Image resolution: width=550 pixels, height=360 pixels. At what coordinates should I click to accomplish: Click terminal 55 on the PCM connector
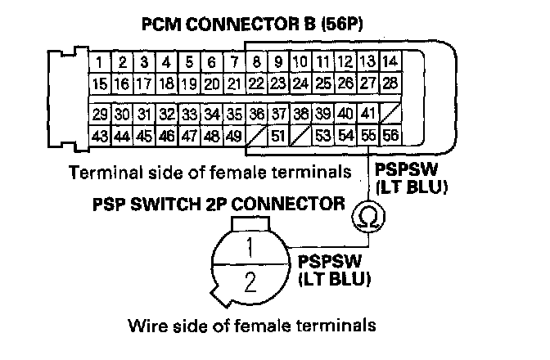click(x=367, y=135)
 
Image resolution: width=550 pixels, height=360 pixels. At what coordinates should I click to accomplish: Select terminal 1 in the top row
click(x=99, y=62)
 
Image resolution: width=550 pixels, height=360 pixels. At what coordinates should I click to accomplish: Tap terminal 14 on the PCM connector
click(x=390, y=62)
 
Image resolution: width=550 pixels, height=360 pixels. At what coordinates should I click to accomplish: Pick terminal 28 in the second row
click(x=390, y=83)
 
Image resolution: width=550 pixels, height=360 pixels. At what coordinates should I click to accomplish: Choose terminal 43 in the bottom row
click(x=101, y=135)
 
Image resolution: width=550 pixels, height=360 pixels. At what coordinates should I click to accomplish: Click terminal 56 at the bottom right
click(x=390, y=135)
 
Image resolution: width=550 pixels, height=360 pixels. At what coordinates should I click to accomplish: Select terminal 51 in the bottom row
click(x=278, y=135)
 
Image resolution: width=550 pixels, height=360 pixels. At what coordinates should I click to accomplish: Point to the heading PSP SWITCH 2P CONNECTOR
click(x=217, y=202)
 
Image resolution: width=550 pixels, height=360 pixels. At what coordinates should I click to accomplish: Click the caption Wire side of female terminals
click(x=251, y=326)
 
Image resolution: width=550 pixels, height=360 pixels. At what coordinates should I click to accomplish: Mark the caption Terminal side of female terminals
click(x=216, y=173)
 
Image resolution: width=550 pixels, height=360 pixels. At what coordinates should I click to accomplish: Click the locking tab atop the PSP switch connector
click(x=251, y=223)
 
